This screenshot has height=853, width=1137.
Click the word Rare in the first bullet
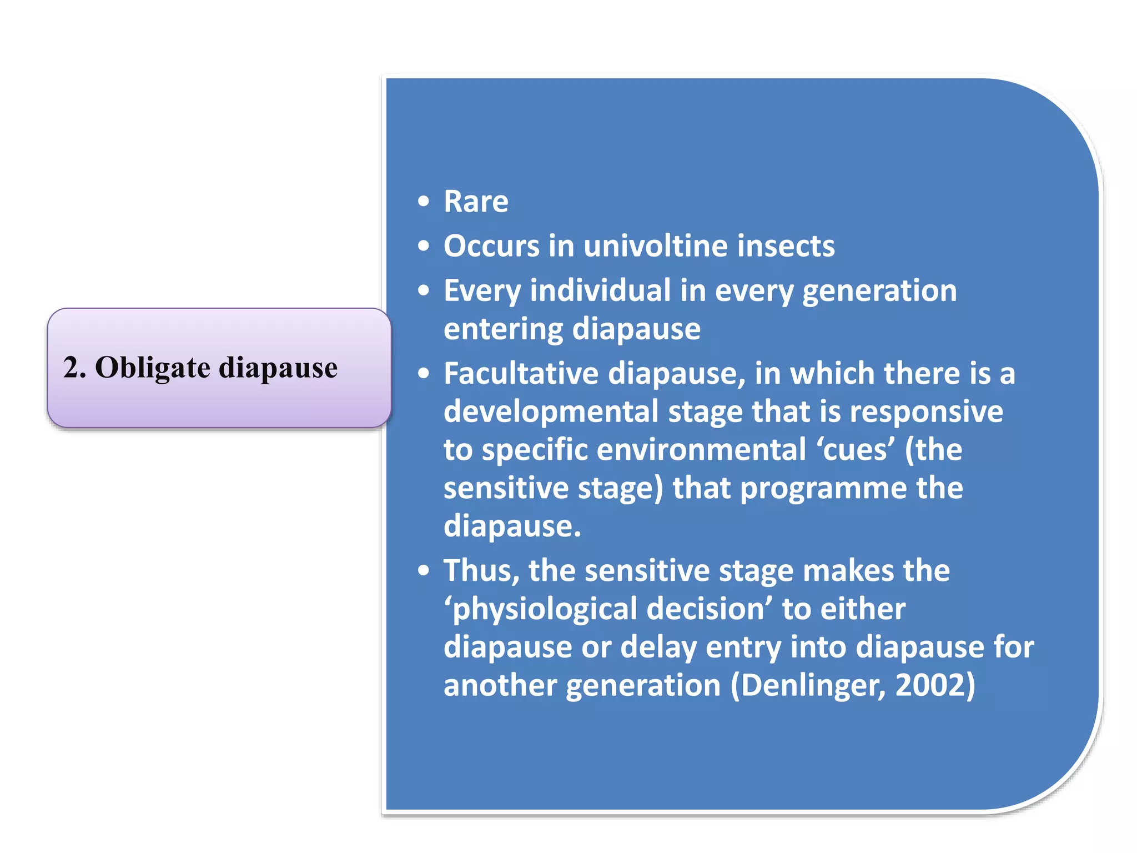(x=476, y=202)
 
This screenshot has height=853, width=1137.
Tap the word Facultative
(x=521, y=373)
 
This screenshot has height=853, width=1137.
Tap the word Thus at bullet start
(x=481, y=571)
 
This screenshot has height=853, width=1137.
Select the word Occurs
(x=491, y=246)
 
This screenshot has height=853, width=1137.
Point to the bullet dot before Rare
(x=424, y=202)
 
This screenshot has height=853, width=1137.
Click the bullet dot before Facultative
(x=424, y=374)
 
